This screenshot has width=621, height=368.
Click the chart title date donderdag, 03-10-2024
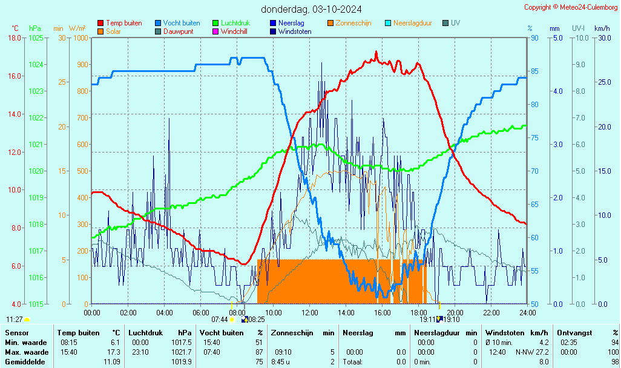click(x=311, y=9)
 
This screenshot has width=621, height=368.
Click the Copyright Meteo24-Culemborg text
click(x=571, y=7)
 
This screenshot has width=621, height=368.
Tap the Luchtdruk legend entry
click(x=238, y=23)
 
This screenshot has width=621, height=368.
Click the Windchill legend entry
click(x=237, y=31)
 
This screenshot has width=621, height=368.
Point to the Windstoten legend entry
click(x=295, y=31)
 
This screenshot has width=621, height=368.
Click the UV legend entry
click(x=455, y=23)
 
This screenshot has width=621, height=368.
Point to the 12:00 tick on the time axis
click(x=310, y=312)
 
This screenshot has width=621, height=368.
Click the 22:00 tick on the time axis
click(x=491, y=312)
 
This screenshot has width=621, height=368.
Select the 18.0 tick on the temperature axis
click(x=15, y=38)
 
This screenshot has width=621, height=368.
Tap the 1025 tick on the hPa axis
click(x=36, y=38)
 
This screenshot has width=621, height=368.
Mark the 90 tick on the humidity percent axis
click(x=534, y=38)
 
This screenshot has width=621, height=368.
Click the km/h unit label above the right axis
click(x=602, y=28)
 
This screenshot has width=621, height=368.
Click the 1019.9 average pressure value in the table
click(x=183, y=362)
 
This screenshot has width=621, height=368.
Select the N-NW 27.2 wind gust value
click(x=532, y=352)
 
